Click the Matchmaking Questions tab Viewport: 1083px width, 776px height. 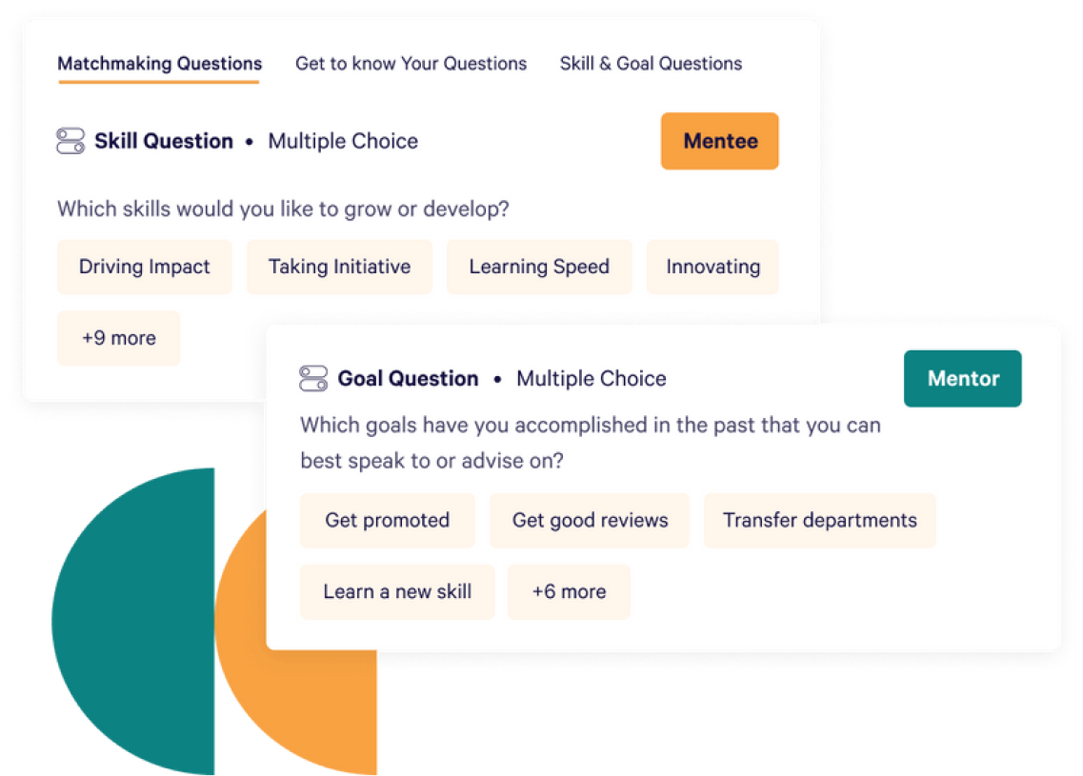(x=159, y=65)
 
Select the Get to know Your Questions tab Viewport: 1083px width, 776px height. (x=411, y=65)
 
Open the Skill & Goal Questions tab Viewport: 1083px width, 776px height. (x=651, y=65)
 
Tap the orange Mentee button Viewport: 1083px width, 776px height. (x=719, y=142)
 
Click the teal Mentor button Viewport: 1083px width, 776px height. (x=962, y=379)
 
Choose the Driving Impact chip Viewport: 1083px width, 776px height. (x=145, y=268)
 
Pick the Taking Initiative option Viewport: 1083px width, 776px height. (x=339, y=268)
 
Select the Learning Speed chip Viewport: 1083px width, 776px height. (x=538, y=268)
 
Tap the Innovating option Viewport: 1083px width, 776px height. (x=712, y=268)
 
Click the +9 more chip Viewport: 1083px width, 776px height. (x=119, y=338)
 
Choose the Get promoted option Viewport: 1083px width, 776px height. (x=387, y=521)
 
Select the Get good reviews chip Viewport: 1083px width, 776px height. (x=590, y=521)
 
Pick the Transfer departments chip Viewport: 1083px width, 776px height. (x=819, y=521)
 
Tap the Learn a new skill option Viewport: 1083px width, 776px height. (x=397, y=592)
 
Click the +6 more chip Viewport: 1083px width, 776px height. (x=569, y=592)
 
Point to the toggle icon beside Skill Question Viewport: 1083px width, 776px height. (x=70, y=142)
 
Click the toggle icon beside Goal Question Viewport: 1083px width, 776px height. (x=313, y=379)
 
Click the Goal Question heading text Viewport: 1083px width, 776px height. (x=408, y=379)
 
